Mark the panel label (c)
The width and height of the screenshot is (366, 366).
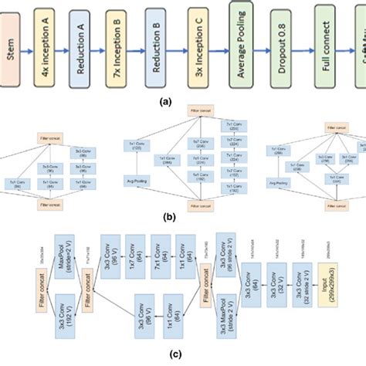click(182, 355)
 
